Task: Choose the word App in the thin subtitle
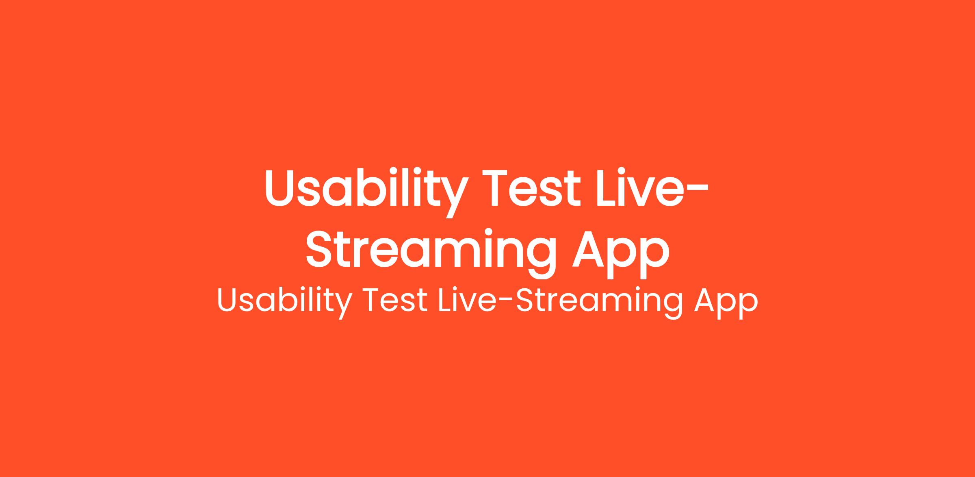tap(725, 303)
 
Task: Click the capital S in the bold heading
tap(320, 250)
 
